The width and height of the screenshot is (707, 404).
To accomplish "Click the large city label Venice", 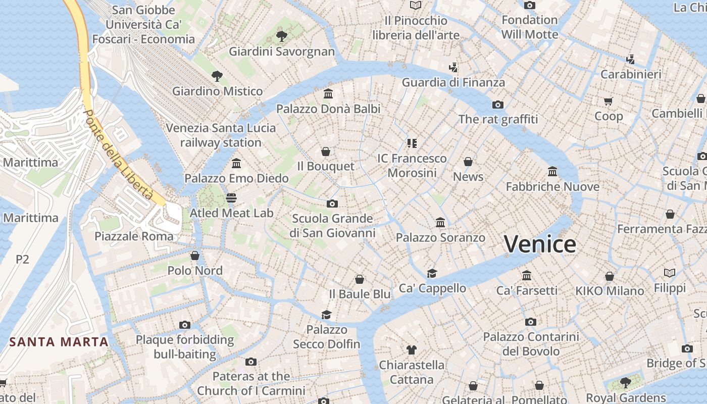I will (540, 244).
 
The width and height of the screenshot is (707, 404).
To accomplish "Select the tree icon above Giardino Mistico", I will (217, 76).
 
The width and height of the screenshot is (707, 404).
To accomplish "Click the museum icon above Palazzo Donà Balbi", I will (328, 94).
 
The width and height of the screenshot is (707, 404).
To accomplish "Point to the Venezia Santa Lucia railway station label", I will (221, 135).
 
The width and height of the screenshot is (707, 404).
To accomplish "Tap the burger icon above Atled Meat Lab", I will (231, 197).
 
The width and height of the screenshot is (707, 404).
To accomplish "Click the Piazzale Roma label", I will (134, 236).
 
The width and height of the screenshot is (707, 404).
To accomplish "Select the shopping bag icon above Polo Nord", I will (195, 256).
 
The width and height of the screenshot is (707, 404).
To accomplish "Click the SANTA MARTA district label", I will (59, 342).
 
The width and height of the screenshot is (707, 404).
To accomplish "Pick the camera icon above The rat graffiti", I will (498, 105).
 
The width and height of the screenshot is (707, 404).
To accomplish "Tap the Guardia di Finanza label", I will (453, 82).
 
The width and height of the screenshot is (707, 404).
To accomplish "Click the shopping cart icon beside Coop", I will (609, 101).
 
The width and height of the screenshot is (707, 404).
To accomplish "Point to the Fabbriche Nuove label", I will (552, 187).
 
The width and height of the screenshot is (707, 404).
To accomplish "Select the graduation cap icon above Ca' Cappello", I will (432, 273).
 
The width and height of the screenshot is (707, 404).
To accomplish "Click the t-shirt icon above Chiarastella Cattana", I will (411, 349).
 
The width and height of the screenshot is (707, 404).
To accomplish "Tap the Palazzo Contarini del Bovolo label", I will (531, 344).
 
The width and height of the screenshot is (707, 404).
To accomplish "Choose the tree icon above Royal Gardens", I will (626, 382).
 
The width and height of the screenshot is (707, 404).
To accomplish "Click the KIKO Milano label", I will (610, 291).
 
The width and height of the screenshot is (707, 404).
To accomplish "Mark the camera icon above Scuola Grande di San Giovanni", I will (332, 204).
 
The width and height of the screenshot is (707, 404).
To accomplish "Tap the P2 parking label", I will (22, 260).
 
